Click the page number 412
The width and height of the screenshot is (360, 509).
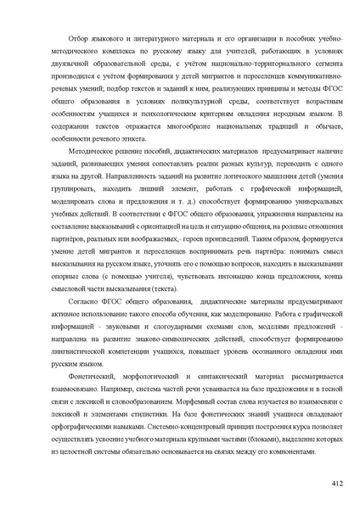[336, 484]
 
